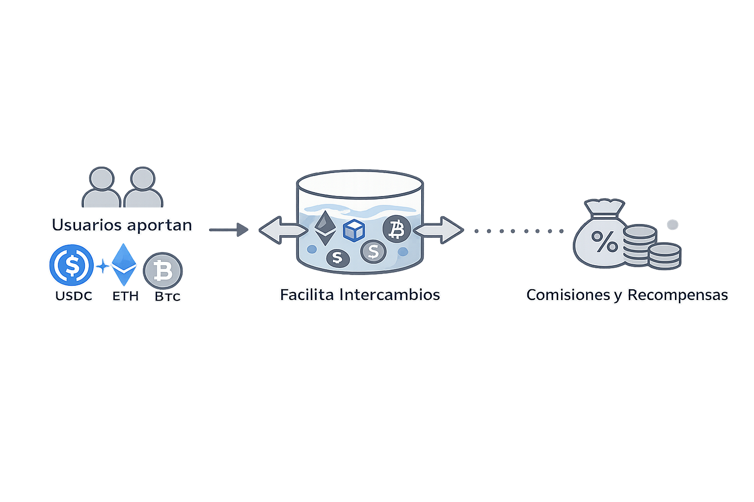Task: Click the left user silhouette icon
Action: click(101, 187)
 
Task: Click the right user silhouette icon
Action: click(143, 187)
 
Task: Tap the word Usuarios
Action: click(86, 225)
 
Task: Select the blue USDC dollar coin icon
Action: click(72, 265)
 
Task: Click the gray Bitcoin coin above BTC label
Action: click(162, 270)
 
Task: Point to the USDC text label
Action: click(74, 296)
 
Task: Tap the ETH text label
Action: click(125, 296)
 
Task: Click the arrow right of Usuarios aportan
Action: click(229, 229)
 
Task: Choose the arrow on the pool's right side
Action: click(440, 230)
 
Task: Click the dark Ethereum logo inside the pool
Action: click(324, 227)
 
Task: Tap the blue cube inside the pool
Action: click(353, 230)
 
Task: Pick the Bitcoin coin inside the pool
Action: click(396, 229)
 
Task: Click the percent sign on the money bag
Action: click(604, 241)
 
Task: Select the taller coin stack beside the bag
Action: click(640, 245)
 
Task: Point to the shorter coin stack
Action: click(664, 256)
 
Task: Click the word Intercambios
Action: click(390, 295)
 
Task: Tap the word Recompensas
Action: click(677, 295)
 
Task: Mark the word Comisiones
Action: click(568, 295)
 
